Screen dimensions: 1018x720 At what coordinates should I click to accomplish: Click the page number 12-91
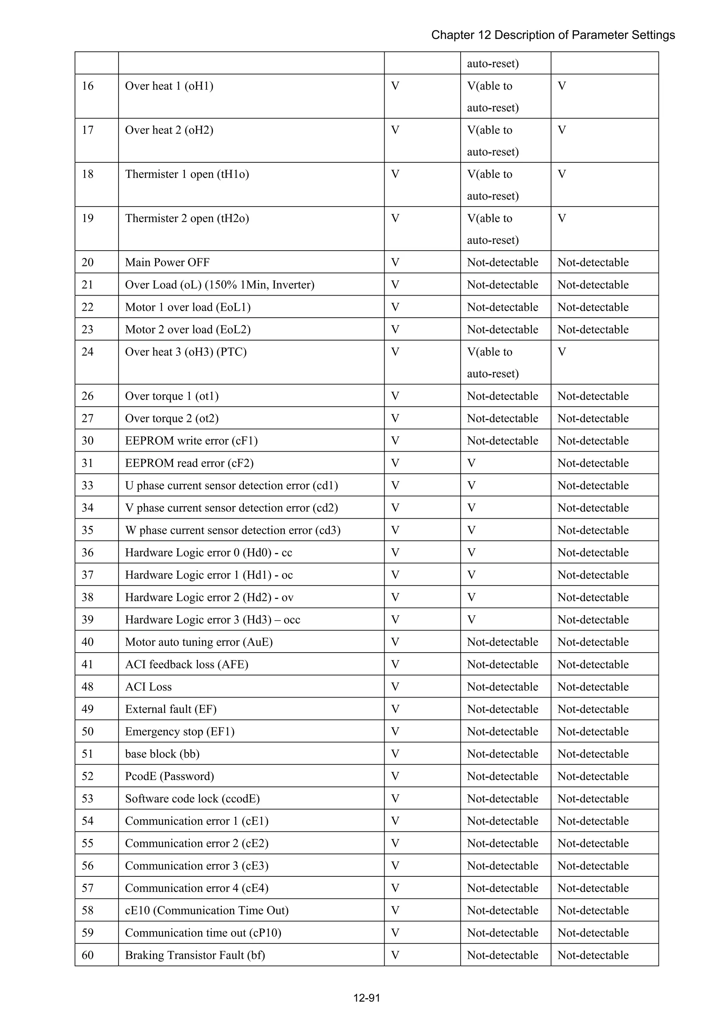click(x=366, y=998)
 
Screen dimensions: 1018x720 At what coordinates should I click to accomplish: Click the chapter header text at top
click(x=553, y=35)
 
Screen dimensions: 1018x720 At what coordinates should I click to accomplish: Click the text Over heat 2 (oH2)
click(x=169, y=130)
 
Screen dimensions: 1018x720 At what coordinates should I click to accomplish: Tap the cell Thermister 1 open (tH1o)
click(x=187, y=174)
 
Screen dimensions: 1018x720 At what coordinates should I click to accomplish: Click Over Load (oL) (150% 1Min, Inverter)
click(x=220, y=285)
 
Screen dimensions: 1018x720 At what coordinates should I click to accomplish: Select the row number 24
click(x=88, y=352)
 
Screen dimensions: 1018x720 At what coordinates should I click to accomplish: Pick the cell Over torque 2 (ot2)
click(x=172, y=419)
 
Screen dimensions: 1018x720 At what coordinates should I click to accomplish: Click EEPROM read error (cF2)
click(x=189, y=463)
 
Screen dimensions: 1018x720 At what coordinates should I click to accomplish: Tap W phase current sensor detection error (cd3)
click(x=232, y=530)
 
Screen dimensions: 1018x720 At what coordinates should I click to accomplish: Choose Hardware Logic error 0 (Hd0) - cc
click(x=208, y=552)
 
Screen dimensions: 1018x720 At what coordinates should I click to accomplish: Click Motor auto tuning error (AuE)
click(x=199, y=642)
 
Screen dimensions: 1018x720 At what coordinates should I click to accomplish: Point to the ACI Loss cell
click(x=148, y=687)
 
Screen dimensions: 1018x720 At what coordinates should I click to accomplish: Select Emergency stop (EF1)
click(x=180, y=732)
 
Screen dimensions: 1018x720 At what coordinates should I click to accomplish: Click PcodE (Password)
click(x=169, y=776)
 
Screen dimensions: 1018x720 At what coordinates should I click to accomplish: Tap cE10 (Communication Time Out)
click(x=207, y=910)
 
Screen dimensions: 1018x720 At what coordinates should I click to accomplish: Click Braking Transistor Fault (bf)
click(x=195, y=955)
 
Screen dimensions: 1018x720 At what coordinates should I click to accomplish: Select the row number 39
click(x=88, y=620)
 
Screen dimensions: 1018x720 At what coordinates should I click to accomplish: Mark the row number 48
click(x=88, y=687)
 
